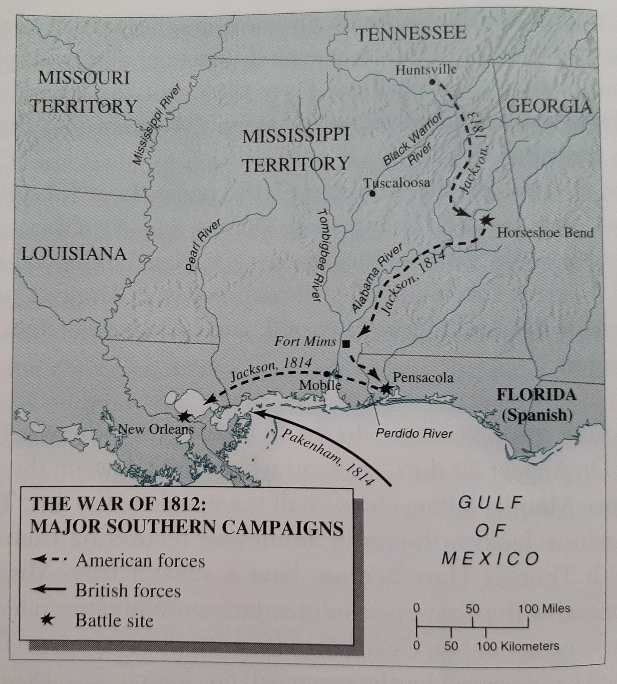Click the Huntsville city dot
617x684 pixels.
(x=432, y=82)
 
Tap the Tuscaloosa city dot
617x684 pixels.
(x=372, y=194)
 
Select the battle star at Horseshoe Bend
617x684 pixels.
(x=486, y=220)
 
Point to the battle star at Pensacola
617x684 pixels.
(x=385, y=388)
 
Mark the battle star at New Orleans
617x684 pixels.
(x=184, y=416)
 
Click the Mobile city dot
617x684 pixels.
(x=327, y=374)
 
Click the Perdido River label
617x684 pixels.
(x=414, y=434)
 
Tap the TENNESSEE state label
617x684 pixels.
(x=411, y=34)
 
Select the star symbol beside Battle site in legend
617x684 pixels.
(x=47, y=620)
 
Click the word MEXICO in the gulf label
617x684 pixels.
(x=490, y=559)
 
